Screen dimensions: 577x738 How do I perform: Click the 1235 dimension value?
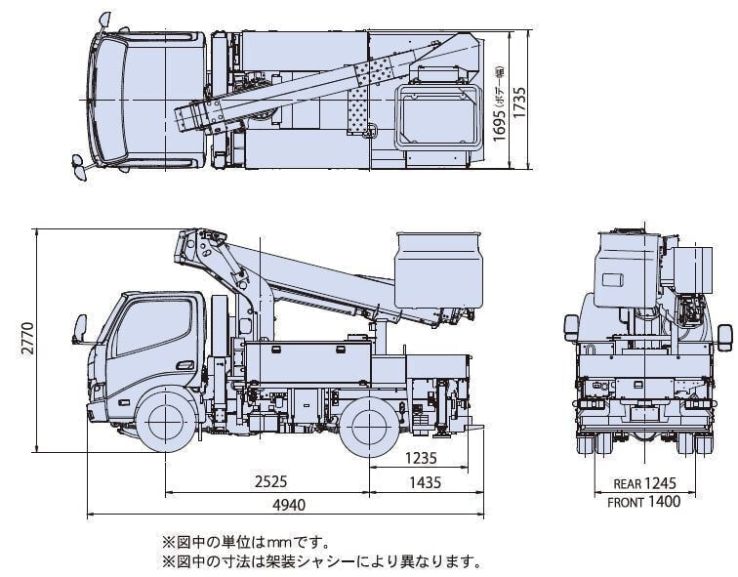(423, 457)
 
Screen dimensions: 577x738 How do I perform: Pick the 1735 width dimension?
(523, 102)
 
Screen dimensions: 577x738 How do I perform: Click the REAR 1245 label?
(644, 483)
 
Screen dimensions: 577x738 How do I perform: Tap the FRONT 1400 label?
(644, 503)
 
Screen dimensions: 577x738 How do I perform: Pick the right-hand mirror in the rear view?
(723, 335)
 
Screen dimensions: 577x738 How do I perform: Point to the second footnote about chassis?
(322, 561)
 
